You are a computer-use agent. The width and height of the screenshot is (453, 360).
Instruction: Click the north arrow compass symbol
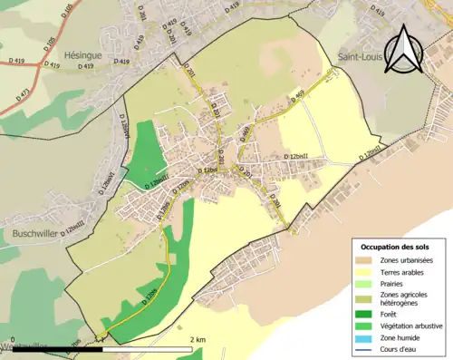coord(405,49)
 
